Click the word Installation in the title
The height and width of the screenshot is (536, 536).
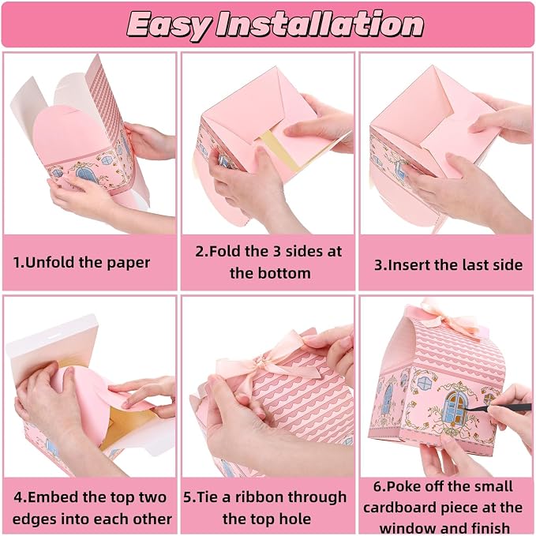(320, 24)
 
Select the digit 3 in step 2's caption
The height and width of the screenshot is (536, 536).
(276, 251)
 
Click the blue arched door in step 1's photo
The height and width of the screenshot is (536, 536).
(84, 174)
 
